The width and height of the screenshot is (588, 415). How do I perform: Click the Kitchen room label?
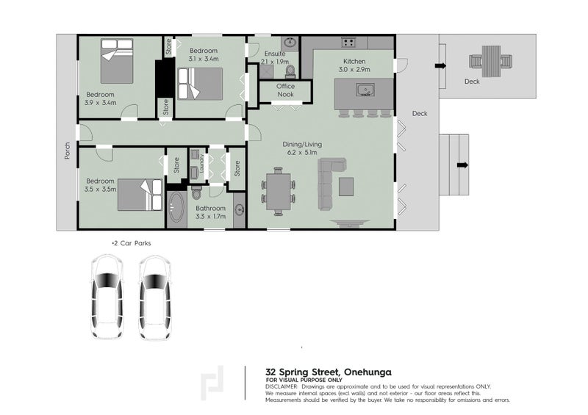(x=354, y=61)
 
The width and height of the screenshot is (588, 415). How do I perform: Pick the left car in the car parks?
(x=107, y=296)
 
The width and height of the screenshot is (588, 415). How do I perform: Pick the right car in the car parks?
(x=155, y=296)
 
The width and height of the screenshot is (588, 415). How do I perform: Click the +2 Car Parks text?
(x=130, y=242)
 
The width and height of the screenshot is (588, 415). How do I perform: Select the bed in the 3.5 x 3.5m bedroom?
(x=140, y=195)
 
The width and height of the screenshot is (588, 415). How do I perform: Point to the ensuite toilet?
(x=290, y=71)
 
